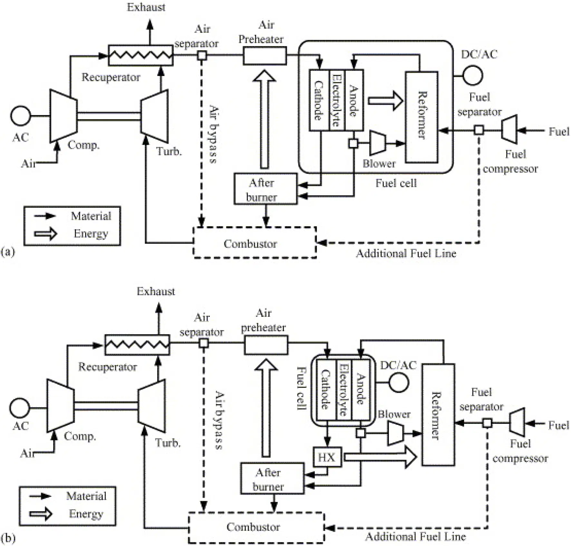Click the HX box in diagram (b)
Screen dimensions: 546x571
[327, 457]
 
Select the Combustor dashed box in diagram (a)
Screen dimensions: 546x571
[255, 243]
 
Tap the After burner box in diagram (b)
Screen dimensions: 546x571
[272, 478]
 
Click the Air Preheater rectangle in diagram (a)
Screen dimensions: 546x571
[265, 55]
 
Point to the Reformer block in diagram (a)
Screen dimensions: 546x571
[421, 117]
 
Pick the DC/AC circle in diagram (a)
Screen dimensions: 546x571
[473, 75]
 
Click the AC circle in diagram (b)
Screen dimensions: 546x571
[19, 408]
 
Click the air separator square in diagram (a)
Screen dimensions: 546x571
[202, 55]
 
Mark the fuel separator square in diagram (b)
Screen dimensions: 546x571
[487, 423]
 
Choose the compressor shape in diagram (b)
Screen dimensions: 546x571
[60, 405]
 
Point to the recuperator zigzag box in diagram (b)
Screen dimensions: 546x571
[137, 345]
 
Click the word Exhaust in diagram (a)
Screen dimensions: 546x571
[146, 7]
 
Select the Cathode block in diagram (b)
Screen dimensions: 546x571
[326, 390]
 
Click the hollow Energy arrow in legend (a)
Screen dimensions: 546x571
[45, 233]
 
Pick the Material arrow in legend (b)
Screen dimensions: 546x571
[40, 496]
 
